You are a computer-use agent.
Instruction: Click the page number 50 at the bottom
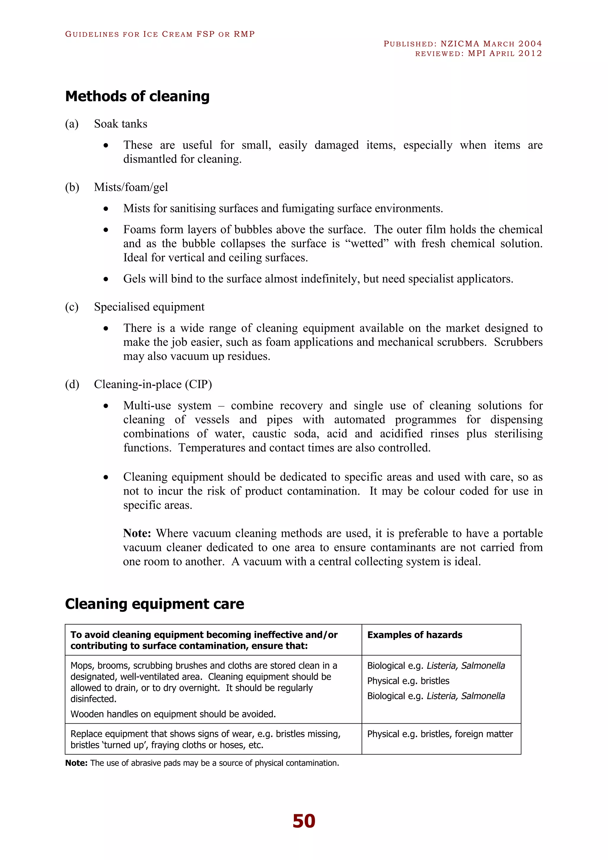coord(304,821)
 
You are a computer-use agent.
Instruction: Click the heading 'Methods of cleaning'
coord(137,96)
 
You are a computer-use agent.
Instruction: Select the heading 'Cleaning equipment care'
coord(154,604)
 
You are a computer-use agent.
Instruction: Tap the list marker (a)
coord(72,124)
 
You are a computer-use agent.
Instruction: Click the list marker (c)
coord(72,307)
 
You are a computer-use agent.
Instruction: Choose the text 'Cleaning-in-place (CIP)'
coord(153,384)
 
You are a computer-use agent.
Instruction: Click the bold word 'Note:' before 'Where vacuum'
coord(137,533)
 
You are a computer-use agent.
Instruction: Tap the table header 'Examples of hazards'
coord(414,635)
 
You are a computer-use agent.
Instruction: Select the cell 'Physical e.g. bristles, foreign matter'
coord(440,734)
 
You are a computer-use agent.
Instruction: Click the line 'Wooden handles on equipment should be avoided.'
coord(173,714)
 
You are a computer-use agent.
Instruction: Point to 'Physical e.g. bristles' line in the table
coord(408,681)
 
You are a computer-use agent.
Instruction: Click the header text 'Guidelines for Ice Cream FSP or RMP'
coord(160,34)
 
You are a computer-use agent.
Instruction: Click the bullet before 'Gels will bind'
coord(106,279)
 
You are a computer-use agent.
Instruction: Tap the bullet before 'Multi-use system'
coord(106,406)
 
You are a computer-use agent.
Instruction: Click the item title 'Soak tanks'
coord(121,124)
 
